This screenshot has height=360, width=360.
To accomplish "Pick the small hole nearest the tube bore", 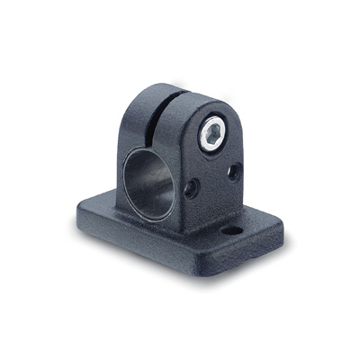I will pos(192,188).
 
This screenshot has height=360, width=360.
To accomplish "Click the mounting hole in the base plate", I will pos(232,230).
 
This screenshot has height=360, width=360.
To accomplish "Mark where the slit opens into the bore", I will pos(162,139).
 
